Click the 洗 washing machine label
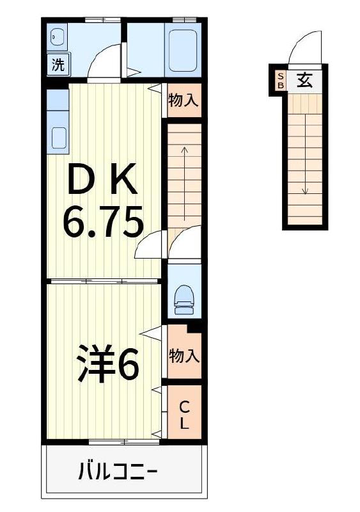click(x=57, y=65)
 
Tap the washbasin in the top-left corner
click(x=56, y=38)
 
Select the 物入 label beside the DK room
click(x=184, y=100)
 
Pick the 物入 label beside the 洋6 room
click(x=184, y=356)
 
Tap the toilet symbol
click(x=184, y=297)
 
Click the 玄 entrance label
click(x=305, y=81)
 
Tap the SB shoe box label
click(x=280, y=81)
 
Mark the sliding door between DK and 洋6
click(x=103, y=280)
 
